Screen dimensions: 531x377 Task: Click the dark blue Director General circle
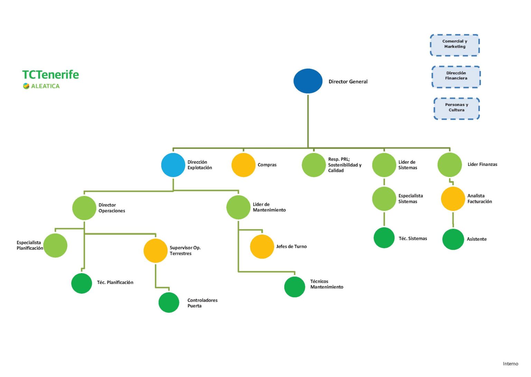coord(308,81)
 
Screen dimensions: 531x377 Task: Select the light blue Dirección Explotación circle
coord(173,165)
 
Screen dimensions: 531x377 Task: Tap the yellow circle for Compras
coord(243,165)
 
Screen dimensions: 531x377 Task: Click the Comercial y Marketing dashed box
coord(455,45)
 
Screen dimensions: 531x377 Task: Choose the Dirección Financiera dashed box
coord(456,77)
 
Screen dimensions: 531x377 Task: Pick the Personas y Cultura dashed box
coord(457,109)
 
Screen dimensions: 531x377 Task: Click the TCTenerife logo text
coord(50,75)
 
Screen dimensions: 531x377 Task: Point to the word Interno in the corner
coord(510,364)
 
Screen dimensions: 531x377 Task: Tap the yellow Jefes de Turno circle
coord(262,246)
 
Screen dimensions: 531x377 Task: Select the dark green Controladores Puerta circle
coord(169,302)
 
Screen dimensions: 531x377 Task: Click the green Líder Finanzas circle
coord(450,165)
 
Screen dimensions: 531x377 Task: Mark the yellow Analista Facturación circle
coord(453,199)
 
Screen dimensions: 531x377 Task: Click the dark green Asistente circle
coord(453,239)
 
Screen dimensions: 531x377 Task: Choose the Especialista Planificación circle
coord(55,245)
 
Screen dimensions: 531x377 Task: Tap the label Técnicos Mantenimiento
coord(327,284)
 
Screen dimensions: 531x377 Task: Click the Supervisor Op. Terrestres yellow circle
coord(155,251)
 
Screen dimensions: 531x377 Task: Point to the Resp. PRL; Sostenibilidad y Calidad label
coord(345,165)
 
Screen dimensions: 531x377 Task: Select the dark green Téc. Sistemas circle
coord(384,238)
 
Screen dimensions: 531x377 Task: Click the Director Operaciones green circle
coord(84,208)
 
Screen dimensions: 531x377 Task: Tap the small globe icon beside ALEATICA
coord(26,86)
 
